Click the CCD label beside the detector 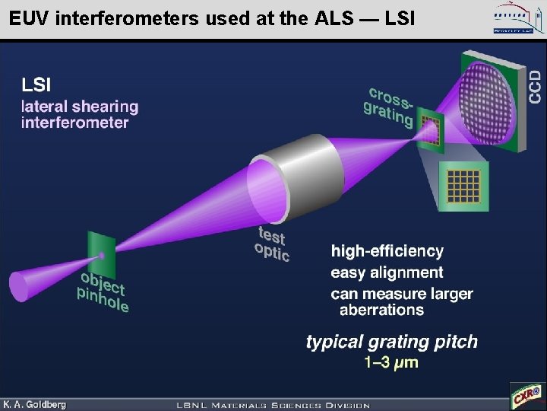[x=536, y=88]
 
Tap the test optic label [x=272, y=244]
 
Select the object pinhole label [x=103, y=292]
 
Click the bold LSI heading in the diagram [x=37, y=83]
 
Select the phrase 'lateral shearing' [x=80, y=106]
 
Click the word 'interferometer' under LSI [x=74, y=123]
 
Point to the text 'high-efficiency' [x=387, y=250]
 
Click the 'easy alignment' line [x=387, y=272]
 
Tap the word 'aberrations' [x=381, y=310]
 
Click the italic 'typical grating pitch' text [x=391, y=341]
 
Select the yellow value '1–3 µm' [x=391, y=362]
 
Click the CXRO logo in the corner [x=526, y=395]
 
